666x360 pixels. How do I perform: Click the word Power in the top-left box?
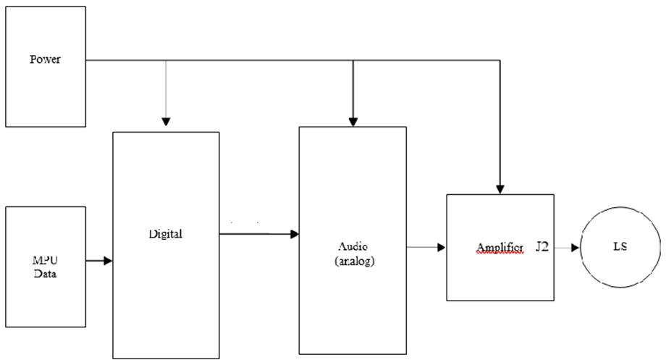(45, 59)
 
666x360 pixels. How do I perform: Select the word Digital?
(166, 234)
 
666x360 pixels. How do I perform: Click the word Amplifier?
(499, 247)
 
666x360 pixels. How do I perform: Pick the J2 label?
(542, 247)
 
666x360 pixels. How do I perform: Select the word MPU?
(45, 261)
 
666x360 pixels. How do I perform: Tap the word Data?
(45, 274)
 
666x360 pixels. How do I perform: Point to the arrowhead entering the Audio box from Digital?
(295, 234)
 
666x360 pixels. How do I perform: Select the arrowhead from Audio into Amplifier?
(441, 248)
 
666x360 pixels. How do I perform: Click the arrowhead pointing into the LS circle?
(576, 248)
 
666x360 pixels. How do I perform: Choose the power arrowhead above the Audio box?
(353, 120)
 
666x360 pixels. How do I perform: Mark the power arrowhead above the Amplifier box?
(499, 188)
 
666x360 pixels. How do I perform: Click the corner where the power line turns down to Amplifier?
(499, 60)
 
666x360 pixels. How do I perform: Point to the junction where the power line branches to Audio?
(353, 60)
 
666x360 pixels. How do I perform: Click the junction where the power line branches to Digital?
(166, 60)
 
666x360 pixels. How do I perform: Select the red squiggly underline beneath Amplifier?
(499, 254)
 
